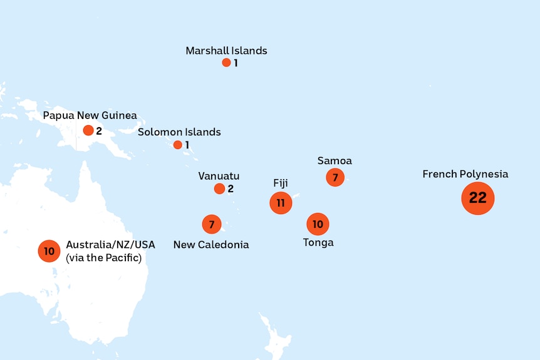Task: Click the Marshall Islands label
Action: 226,51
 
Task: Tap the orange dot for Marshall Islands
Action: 226,63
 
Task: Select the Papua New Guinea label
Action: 90,116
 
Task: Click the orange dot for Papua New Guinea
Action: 88,130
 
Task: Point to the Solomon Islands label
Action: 179,132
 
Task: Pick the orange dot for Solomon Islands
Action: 178,145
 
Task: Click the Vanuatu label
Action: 219,176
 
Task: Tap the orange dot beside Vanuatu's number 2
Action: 219,188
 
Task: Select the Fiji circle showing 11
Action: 281,203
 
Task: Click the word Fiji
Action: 281,183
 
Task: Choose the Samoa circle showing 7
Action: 335,177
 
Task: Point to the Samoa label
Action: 335,161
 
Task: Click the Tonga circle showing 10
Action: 318,224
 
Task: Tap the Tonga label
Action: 318,242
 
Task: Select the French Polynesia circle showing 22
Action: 478,198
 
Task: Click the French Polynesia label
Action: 465,174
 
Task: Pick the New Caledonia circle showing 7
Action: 212,224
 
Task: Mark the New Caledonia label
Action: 211,245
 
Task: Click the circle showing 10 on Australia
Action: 49,251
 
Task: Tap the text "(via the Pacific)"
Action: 103,257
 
